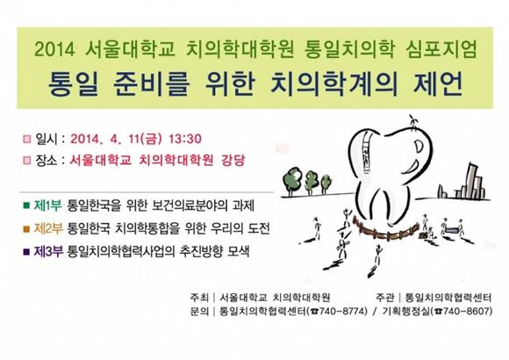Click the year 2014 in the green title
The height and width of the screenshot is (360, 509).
tap(54, 49)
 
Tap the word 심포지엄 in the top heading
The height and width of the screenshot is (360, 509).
tap(441, 49)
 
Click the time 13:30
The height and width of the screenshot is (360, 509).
tap(185, 139)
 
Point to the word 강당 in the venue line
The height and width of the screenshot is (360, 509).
tap(233, 160)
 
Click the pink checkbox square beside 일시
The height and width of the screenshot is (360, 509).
tap(27, 139)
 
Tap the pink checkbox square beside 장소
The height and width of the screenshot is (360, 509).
tap(27, 160)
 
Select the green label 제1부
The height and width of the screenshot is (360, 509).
tap(47, 205)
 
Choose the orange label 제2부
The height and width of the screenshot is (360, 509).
tap(47, 229)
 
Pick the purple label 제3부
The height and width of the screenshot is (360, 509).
tap(47, 252)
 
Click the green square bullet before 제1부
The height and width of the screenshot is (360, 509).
tap(26, 205)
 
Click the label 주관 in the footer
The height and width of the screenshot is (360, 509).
tap(384, 298)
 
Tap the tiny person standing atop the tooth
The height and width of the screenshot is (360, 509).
tap(412, 123)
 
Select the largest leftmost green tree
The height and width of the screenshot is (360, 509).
tap(292, 181)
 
